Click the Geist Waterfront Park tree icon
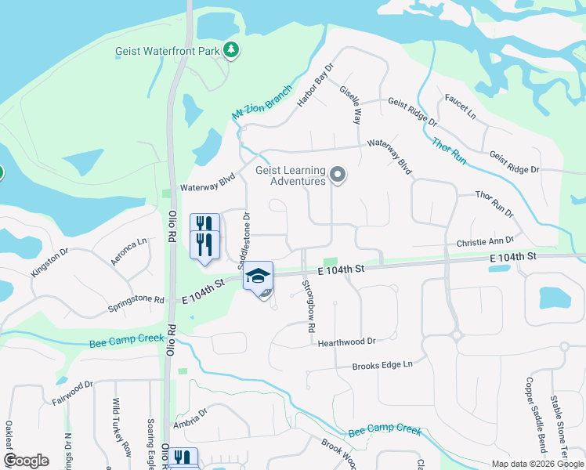[x=230, y=50]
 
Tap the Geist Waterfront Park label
[x=166, y=51]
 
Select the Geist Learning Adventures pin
[x=338, y=175]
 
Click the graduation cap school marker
[x=258, y=277]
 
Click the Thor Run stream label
[x=449, y=150]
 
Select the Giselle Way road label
[x=350, y=105]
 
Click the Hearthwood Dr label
[x=347, y=341]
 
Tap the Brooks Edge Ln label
[x=382, y=364]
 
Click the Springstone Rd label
[x=137, y=299]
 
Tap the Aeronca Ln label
[x=129, y=252]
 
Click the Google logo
[x=26, y=461]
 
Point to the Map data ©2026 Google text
[x=537, y=464]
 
